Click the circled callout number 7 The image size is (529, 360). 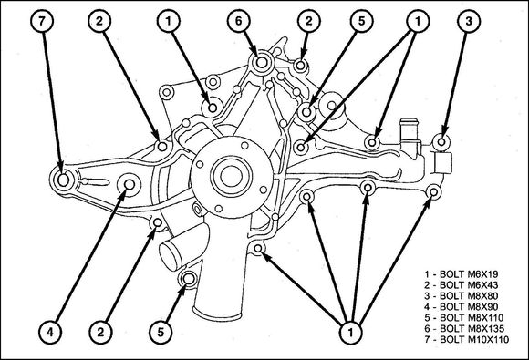click(x=42, y=21)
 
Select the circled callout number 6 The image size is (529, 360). click(x=239, y=21)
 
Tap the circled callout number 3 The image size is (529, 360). click(x=469, y=21)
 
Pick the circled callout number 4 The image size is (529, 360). click(x=50, y=333)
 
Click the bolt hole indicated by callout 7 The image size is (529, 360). click(x=63, y=180)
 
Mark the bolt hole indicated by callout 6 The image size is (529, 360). click(x=262, y=62)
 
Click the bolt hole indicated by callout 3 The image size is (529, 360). click(x=441, y=141)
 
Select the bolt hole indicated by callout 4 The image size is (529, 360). click(x=130, y=184)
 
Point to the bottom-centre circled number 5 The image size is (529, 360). click(x=161, y=333)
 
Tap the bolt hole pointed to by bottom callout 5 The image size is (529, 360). click(x=189, y=279)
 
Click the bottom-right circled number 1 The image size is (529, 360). click(x=350, y=333)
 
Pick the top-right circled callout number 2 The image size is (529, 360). click(x=308, y=21)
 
